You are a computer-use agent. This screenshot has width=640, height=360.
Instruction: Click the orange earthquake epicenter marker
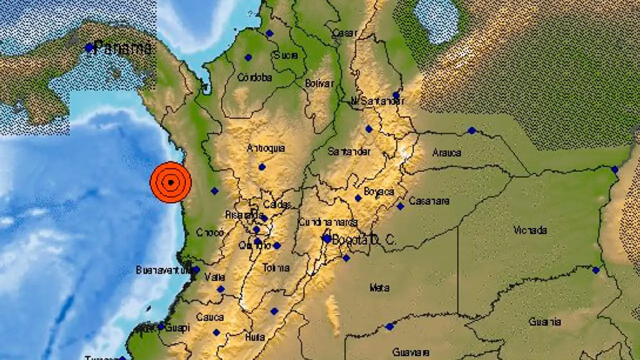(x=170, y=182)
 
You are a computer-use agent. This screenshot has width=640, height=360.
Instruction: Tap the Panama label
(x=122, y=48)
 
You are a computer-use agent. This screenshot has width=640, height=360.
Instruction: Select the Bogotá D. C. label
(x=364, y=239)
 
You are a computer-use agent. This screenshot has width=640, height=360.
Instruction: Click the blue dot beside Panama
(x=89, y=48)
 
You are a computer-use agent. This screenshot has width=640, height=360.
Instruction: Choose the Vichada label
(x=530, y=230)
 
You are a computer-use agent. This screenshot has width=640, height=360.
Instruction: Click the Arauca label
(x=447, y=152)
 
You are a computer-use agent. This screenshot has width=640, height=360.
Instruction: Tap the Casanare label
(x=428, y=201)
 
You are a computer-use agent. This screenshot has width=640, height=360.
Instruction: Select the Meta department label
(x=379, y=287)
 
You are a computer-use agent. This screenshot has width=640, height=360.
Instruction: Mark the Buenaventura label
(x=163, y=270)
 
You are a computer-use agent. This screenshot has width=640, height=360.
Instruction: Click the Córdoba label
(x=254, y=77)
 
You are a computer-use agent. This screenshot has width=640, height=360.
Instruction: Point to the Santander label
(x=349, y=151)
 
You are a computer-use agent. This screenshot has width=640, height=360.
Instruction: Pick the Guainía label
(x=544, y=322)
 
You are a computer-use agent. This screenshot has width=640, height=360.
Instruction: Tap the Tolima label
(x=276, y=268)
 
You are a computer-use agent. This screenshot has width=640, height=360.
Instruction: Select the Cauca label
(x=210, y=317)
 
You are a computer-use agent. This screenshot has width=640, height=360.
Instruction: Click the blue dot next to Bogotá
(x=327, y=239)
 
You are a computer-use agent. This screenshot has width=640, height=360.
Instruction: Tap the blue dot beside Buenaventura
(x=196, y=270)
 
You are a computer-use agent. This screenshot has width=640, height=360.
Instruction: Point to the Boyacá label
(x=378, y=191)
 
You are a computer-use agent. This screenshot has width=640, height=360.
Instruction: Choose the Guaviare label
(x=411, y=352)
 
